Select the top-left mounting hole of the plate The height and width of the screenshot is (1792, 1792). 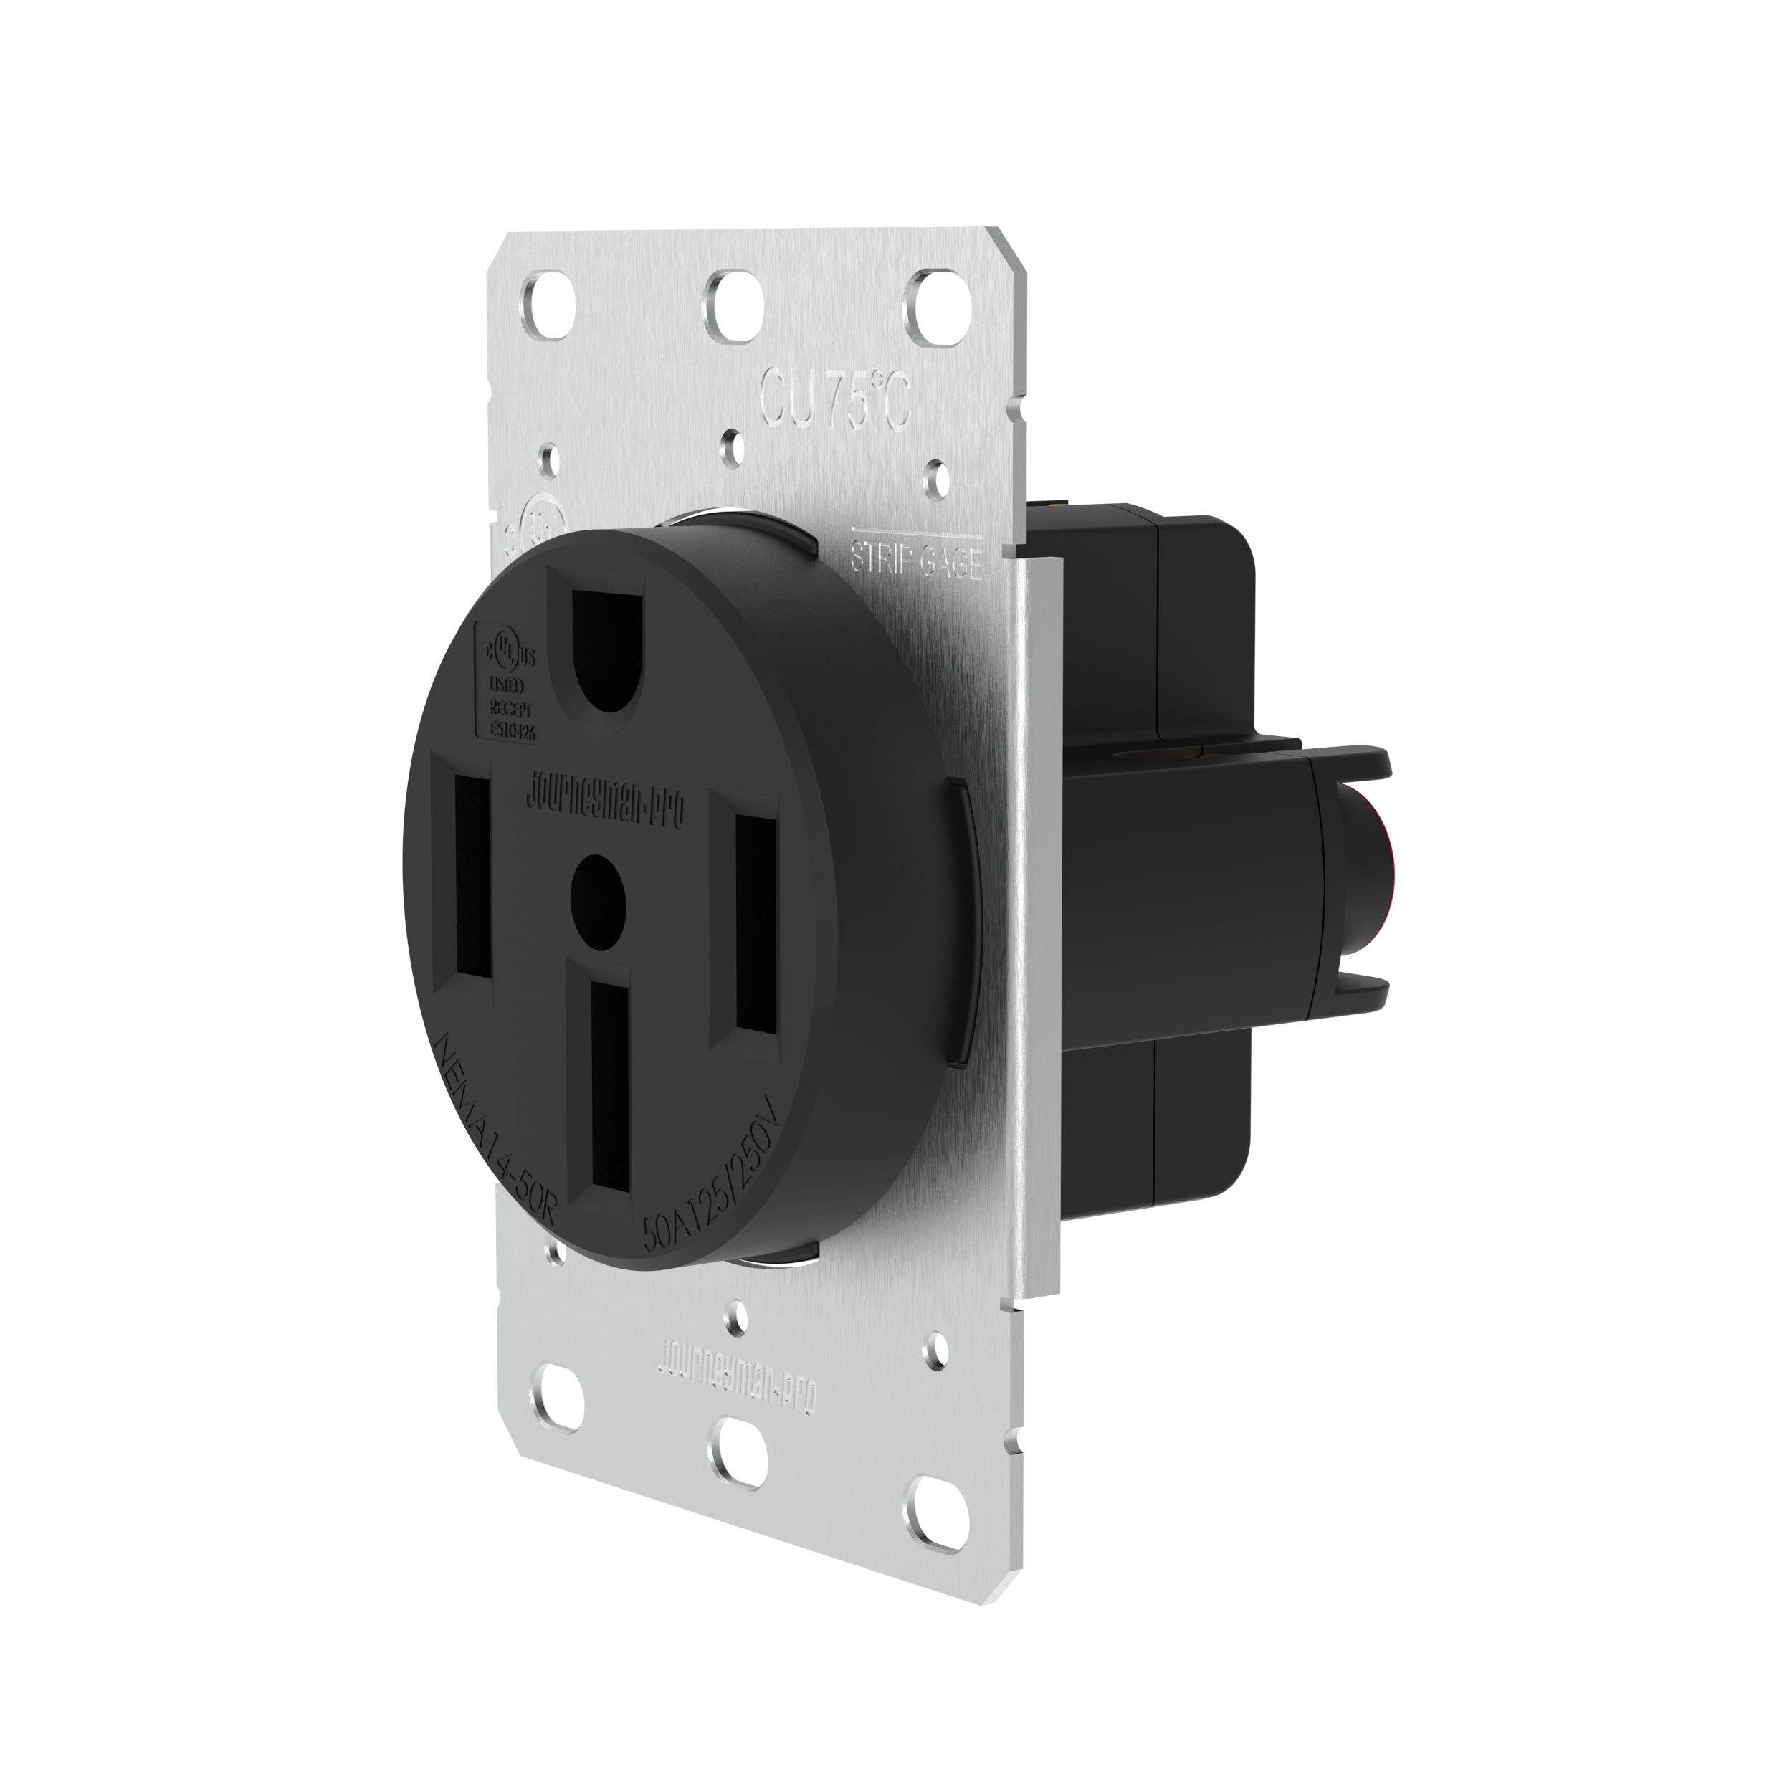(x=558, y=302)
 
